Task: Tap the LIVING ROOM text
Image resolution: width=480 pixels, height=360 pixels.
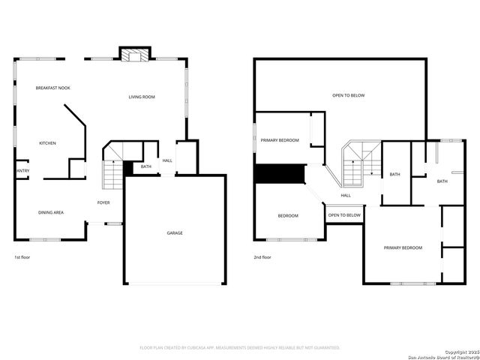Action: (142, 97)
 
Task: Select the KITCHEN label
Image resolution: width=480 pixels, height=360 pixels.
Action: (47, 143)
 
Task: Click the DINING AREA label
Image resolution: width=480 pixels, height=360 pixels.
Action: (51, 212)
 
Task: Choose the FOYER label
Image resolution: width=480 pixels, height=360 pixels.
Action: (103, 202)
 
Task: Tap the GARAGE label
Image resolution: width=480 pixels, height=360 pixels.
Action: (175, 232)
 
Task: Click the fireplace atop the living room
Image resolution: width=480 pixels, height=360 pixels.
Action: (133, 55)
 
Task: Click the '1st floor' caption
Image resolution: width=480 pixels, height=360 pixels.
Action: (22, 257)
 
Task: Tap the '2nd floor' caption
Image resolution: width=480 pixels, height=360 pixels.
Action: (262, 257)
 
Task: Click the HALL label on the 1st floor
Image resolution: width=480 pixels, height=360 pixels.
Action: (167, 160)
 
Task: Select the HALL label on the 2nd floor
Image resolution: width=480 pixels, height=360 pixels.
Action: (346, 196)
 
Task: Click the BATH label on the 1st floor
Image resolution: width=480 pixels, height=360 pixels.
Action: (146, 166)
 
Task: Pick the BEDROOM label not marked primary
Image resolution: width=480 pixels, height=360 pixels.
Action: (288, 216)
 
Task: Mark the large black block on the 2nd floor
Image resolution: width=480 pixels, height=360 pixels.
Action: (280, 173)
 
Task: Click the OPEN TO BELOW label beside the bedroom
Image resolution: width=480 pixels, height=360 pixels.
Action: (344, 215)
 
